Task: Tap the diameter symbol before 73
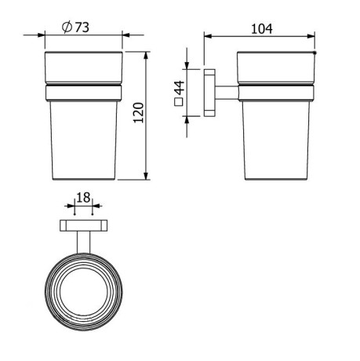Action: [67, 27]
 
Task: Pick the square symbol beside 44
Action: [179, 100]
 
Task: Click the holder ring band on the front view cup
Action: [83, 93]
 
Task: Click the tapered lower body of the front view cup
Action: [83, 141]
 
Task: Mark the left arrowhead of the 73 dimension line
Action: [47, 36]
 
